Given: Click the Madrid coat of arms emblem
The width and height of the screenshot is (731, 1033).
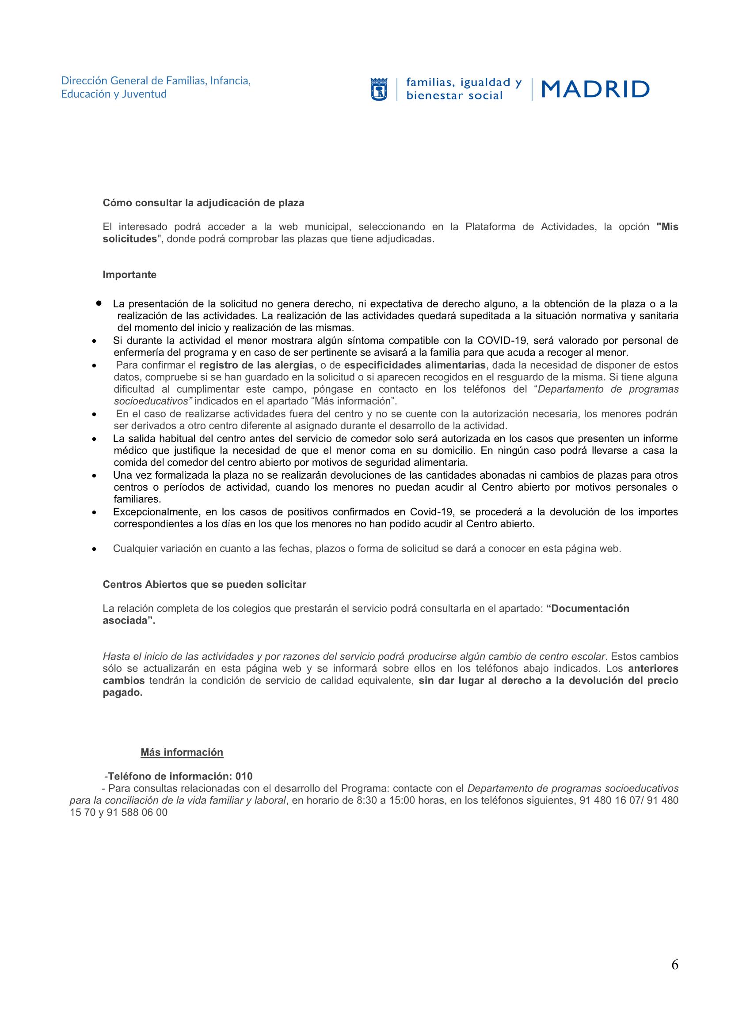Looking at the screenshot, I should [379, 89].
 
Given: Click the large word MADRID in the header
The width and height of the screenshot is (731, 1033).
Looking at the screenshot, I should [595, 89].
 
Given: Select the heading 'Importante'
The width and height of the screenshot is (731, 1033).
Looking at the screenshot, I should [129, 274].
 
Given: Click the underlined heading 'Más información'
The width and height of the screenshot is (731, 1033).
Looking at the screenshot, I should [182, 752].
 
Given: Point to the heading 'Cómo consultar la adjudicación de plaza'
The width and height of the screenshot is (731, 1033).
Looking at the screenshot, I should [203, 203].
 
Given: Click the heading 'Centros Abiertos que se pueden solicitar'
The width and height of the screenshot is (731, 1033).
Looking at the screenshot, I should [204, 584].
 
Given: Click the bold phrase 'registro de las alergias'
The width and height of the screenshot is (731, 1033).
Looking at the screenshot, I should [256, 365].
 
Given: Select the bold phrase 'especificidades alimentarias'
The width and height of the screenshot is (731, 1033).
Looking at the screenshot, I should [415, 365].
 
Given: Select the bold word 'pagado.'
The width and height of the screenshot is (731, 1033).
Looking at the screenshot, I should [122, 693].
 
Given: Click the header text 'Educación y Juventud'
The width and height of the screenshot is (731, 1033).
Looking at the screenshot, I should [114, 94].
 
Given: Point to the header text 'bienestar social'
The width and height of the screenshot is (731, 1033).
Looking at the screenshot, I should [454, 95].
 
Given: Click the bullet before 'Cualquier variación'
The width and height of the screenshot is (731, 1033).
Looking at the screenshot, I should [94, 549].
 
